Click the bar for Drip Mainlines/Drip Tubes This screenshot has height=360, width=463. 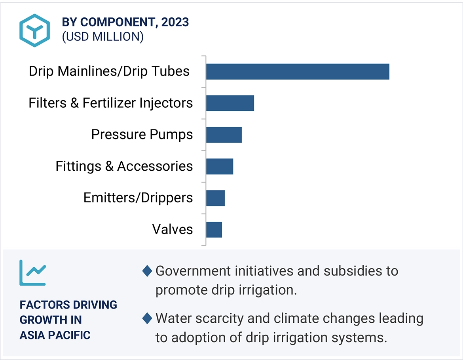pyautogui.click(x=298, y=71)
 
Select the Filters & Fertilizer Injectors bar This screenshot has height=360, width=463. pyautogui.click(x=230, y=103)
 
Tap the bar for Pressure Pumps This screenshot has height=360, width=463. pyautogui.click(x=224, y=135)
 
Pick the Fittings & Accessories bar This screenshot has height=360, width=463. pyautogui.click(x=220, y=166)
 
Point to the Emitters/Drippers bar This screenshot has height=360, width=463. pyautogui.click(x=215, y=198)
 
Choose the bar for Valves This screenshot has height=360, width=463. pyautogui.click(x=214, y=230)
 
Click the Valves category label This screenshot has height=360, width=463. pyautogui.click(x=173, y=229)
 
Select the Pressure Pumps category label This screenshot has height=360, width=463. pyautogui.click(x=142, y=135)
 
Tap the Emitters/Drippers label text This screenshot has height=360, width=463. pyautogui.click(x=138, y=198)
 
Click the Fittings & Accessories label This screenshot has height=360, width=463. pyautogui.click(x=124, y=166)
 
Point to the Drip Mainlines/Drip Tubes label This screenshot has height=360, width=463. pyautogui.click(x=109, y=71)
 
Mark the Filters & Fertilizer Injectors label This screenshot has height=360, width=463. pyautogui.click(x=111, y=103)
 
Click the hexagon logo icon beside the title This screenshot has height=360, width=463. pyautogui.click(x=35, y=30)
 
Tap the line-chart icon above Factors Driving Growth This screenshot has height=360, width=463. pyautogui.click(x=33, y=272)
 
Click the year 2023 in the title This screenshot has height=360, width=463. pyautogui.click(x=175, y=22)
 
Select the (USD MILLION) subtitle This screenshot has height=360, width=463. pyautogui.click(x=103, y=36)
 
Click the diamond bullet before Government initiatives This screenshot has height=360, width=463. pyautogui.click(x=147, y=271)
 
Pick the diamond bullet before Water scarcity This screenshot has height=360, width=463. pyautogui.click(x=147, y=318)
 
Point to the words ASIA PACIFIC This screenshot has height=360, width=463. pyautogui.click(x=55, y=335)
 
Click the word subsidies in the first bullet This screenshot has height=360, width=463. pyautogui.click(x=351, y=271)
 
